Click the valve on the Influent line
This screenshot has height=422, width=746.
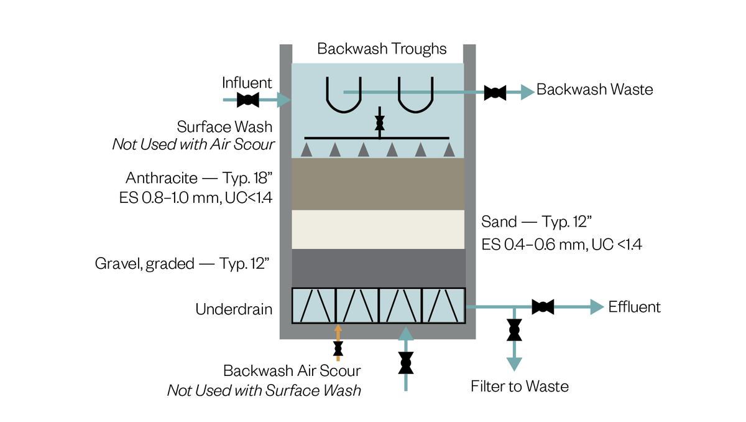pos(248,100)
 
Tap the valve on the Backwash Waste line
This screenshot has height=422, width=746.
pos(495,93)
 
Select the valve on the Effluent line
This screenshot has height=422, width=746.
pos(543,306)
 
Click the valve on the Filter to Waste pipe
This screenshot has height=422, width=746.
pos(514,329)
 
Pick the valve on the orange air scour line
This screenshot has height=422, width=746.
pos(338,348)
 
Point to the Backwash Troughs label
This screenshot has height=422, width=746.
pos(382,49)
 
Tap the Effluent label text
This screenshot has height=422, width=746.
pos(634,307)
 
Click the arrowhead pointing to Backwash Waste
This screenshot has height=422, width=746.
pos(527,93)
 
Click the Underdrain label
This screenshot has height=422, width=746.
pos(234,309)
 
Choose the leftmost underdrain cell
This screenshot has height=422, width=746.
pos(313,305)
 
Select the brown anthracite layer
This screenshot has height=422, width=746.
pos(378,184)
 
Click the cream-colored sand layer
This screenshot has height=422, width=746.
pos(378,230)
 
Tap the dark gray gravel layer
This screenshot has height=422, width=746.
pos(378,268)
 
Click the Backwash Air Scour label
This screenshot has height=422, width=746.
pos(292,371)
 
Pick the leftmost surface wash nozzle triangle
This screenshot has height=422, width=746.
pos(305,149)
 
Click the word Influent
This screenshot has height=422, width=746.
pos(247,83)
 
